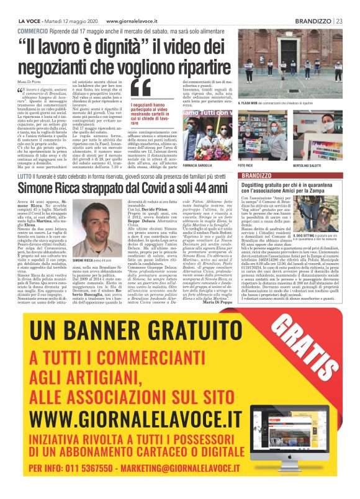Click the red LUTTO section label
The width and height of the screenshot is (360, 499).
coord(26,160)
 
